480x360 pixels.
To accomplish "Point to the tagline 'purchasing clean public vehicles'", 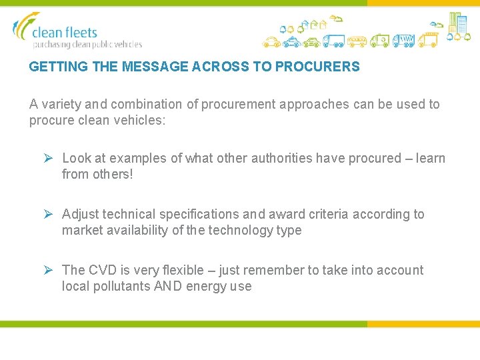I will pyautogui.click(x=87, y=45).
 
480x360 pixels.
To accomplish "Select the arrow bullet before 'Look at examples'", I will pyautogui.click(x=48, y=159).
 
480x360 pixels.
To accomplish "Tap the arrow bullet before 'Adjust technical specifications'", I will pyautogui.click(x=48, y=215).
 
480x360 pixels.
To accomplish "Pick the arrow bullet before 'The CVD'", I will pyautogui.click(x=48, y=271).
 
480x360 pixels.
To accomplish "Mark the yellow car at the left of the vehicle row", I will pyautogui.click(x=270, y=43).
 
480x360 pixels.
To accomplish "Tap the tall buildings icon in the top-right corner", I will pyautogui.click(x=457, y=24).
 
